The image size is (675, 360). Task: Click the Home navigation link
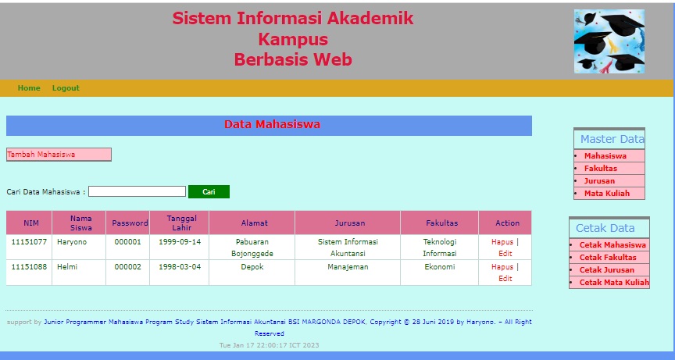29,88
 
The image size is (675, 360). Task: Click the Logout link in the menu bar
66,88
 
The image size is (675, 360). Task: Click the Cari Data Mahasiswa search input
137,191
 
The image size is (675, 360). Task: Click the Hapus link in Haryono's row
502,242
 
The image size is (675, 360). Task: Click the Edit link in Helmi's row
505,278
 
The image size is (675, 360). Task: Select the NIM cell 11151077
29,242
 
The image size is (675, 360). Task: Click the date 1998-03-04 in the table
179,267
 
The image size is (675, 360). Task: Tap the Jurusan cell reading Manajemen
348,267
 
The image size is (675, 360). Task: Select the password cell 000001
127,242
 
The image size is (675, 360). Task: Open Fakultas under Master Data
600,169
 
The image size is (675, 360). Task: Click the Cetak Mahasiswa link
613,245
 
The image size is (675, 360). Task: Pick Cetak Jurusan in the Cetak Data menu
607,270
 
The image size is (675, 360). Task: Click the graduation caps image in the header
609,41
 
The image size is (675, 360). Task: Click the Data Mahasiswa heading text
272,125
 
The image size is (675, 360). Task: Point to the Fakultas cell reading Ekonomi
439,267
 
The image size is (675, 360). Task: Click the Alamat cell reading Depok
252,267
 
